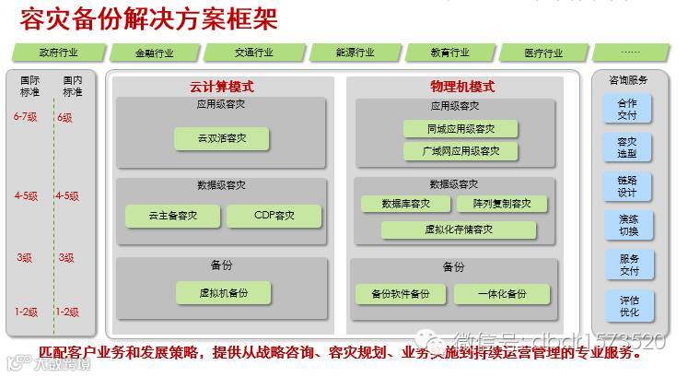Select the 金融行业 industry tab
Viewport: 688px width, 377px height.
point(153,53)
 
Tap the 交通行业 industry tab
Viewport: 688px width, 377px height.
point(252,53)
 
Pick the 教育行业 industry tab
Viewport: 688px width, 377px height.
point(449,53)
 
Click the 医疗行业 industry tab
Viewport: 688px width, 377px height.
point(542,53)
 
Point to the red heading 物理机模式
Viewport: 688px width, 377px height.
point(462,88)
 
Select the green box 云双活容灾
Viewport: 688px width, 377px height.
point(221,139)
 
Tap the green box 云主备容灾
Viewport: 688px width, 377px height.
point(172,216)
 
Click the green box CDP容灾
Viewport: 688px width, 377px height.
point(274,216)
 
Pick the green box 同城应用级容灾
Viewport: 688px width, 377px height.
point(461,129)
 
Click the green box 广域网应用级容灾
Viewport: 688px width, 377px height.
point(461,150)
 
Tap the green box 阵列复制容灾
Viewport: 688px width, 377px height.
point(501,204)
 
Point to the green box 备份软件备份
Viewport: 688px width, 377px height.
point(401,294)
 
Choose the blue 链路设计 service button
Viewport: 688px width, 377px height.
point(628,187)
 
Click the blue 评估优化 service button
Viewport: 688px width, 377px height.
point(628,305)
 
